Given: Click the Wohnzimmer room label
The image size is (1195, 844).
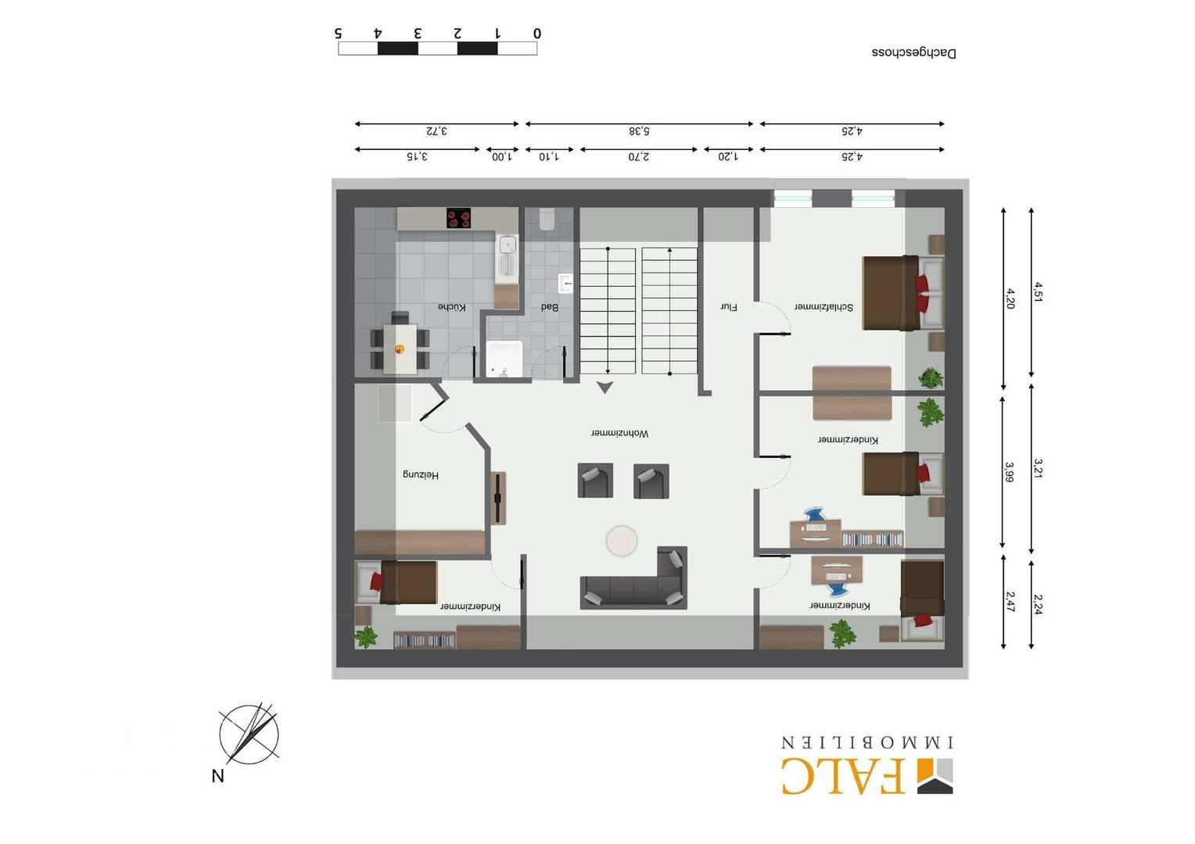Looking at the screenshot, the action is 619,434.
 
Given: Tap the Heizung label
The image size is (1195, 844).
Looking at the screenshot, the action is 421,474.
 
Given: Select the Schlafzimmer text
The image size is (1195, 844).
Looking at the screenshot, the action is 824,307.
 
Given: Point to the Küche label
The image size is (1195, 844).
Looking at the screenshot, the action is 452,307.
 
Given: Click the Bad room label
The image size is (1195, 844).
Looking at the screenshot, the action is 550,307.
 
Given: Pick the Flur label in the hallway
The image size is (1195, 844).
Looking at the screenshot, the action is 729,307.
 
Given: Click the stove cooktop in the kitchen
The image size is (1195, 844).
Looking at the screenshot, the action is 459,218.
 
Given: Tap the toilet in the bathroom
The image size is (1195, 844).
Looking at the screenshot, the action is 547,219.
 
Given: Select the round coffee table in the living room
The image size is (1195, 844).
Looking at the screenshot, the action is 622,541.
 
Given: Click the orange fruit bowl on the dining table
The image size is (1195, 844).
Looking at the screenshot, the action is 399,349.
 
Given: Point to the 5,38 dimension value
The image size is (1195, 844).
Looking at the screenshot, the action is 639,131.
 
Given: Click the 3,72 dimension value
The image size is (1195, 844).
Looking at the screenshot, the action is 436,131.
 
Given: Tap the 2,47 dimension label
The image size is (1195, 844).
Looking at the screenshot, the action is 1010,602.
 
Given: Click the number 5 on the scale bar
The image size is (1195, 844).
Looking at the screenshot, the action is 338,33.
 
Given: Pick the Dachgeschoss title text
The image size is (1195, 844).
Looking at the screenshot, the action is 914,53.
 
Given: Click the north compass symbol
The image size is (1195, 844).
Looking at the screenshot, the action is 249,735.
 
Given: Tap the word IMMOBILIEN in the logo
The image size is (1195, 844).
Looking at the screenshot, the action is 867,742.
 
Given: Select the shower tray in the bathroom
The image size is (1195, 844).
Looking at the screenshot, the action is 504,359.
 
